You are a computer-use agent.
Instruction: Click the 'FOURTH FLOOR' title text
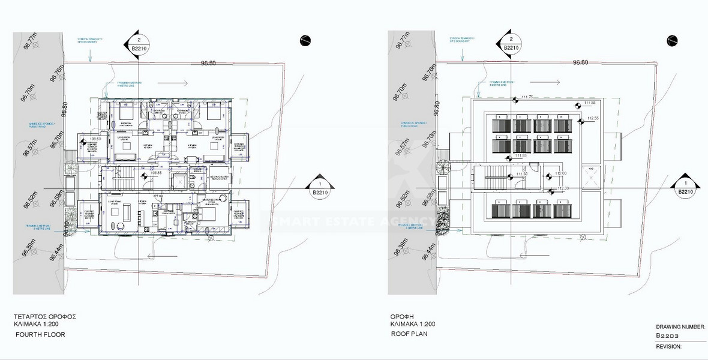coord(40,334)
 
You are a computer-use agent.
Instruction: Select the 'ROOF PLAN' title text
coord(409,334)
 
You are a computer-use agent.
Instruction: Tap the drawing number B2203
coord(667,337)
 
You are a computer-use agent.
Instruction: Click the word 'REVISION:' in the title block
coord(670,346)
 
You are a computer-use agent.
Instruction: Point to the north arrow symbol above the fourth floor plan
coord(304,40)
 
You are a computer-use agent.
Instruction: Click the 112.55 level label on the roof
coord(593,118)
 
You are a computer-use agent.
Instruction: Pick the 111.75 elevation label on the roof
coord(527,97)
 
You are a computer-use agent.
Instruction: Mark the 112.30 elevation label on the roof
coord(562,188)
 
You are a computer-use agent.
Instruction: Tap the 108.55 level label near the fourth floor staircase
coord(155,173)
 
